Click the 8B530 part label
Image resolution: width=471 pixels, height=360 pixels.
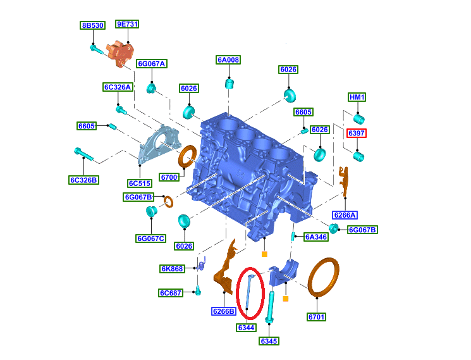click(x=92, y=25)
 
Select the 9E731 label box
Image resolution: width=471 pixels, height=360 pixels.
click(x=127, y=24)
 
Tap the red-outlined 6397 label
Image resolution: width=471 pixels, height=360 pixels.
click(x=357, y=133)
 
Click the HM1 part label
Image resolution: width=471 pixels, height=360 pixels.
click(x=357, y=97)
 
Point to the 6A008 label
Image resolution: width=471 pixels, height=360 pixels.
click(x=228, y=60)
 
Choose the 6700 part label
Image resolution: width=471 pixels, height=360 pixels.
click(x=169, y=177)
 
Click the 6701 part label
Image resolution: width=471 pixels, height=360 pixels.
click(x=316, y=317)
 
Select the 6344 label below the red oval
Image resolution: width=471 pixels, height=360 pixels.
click(x=246, y=328)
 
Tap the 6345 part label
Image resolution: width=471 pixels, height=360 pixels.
click(x=269, y=341)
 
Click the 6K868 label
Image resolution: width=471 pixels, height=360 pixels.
click(x=172, y=269)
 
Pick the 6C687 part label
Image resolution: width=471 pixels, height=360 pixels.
click(x=171, y=293)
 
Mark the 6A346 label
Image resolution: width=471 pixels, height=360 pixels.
click(x=316, y=237)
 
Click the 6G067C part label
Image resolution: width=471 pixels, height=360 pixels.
click(x=150, y=239)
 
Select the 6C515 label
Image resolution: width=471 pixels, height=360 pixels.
click(x=140, y=183)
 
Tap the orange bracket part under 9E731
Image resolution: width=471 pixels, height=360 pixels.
click(x=120, y=54)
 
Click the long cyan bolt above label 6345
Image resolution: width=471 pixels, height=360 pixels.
click(x=270, y=307)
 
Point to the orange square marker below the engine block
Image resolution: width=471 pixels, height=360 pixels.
click(x=264, y=254)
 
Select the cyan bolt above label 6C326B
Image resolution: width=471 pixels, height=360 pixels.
click(x=84, y=154)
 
